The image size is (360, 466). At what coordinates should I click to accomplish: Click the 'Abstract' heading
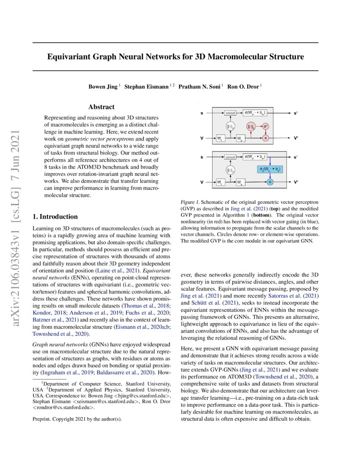[101, 108]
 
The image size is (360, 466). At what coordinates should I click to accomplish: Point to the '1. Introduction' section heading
[55, 216]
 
